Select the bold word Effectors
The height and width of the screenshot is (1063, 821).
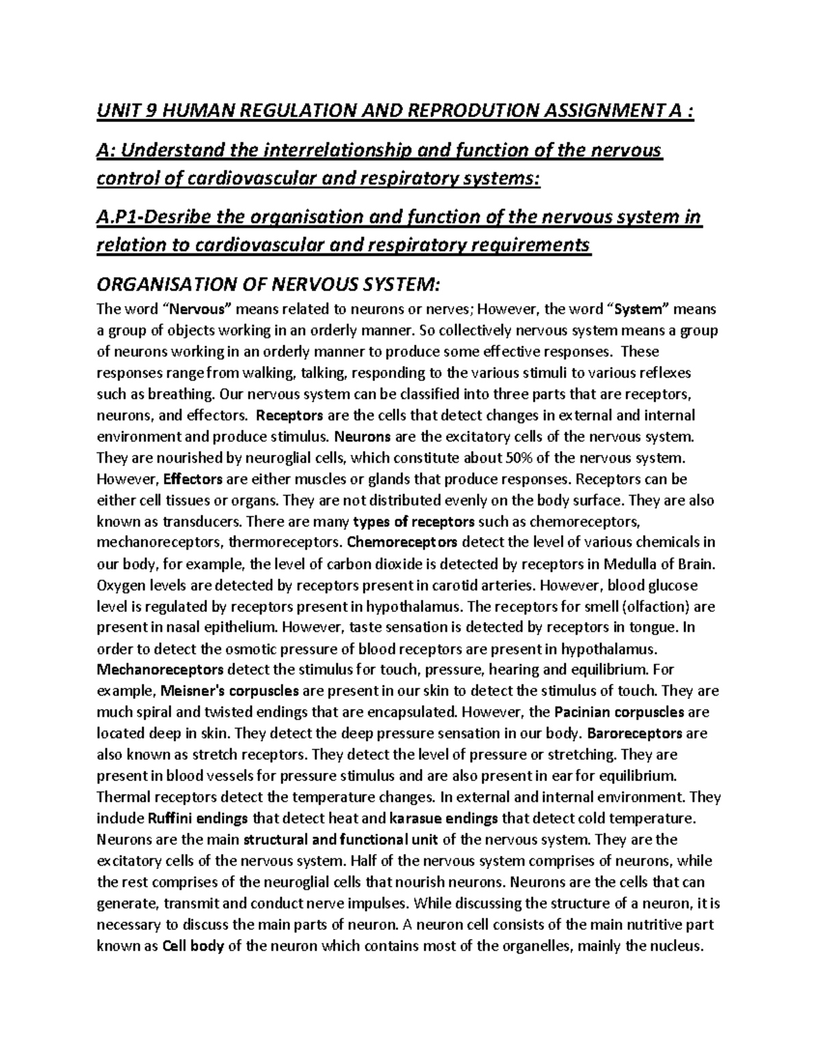pos(194,478)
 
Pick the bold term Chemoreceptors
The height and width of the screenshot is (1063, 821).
pos(404,543)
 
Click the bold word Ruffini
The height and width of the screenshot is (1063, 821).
pos(172,818)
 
